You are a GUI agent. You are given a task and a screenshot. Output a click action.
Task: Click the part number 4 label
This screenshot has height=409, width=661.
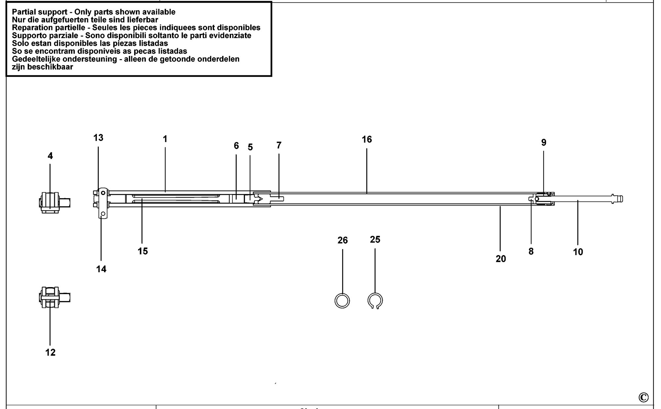(50, 156)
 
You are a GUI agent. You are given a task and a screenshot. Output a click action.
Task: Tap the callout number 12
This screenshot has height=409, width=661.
(51, 353)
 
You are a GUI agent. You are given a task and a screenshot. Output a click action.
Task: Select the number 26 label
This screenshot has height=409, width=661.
(343, 241)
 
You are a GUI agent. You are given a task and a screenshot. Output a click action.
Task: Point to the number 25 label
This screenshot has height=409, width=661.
(375, 240)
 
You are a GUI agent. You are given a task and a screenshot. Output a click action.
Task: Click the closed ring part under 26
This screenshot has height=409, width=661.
(342, 294)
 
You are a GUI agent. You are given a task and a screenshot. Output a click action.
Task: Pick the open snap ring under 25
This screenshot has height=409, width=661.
(375, 293)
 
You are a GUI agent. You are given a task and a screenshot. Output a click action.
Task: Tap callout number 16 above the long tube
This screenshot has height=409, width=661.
(367, 139)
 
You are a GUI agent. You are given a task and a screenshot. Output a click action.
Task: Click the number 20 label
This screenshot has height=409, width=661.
(501, 259)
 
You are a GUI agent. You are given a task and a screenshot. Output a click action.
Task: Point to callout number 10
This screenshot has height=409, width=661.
(578, 252)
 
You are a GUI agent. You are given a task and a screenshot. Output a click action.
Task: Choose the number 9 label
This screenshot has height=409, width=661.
(544, 142)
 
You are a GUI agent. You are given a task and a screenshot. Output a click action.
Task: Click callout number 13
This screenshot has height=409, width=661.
(98, 138)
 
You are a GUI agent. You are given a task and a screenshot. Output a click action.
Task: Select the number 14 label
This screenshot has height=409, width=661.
(101, 269)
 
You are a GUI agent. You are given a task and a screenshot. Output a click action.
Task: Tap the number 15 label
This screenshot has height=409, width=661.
(143, 251)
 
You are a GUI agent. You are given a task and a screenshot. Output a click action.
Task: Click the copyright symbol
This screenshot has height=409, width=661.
(643, 397)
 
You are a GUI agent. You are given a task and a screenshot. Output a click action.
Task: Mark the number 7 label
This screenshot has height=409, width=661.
(279, 145)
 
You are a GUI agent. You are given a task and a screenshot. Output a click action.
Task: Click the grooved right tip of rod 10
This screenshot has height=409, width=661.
(618, 199)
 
